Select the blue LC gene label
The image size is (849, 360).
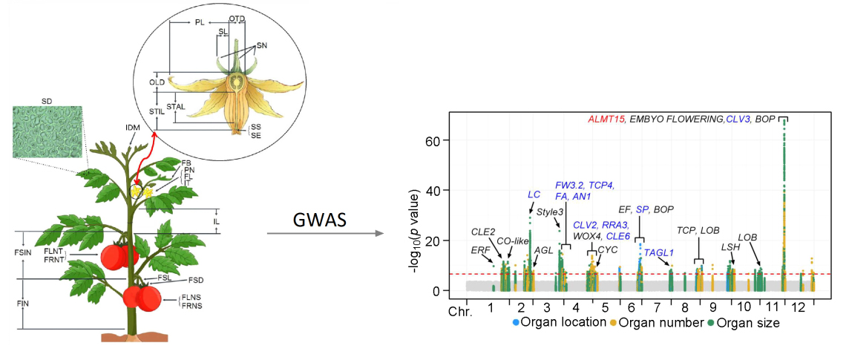coord(534,194)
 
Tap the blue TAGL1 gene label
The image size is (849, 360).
coord(658,253)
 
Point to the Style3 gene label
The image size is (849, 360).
coord(550,212)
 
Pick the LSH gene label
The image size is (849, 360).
coord(730,246)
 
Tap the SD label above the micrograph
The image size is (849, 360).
coord(46,99)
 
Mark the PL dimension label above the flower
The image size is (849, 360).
coord(200,23)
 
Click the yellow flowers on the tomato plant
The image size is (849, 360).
coord(141,191)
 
